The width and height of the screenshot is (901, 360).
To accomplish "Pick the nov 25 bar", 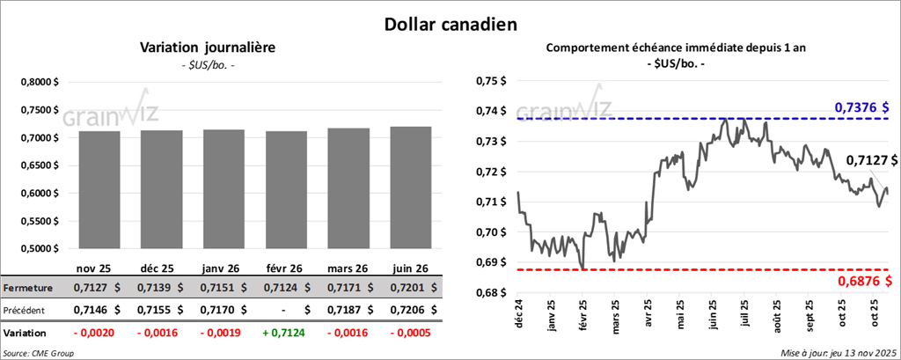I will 99,189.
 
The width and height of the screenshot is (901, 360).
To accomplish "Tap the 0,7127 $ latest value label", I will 871,160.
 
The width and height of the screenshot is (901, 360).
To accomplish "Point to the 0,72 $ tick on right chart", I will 487,172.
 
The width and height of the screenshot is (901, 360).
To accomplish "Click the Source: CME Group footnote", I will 38,352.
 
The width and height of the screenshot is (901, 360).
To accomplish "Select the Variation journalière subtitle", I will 208,48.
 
